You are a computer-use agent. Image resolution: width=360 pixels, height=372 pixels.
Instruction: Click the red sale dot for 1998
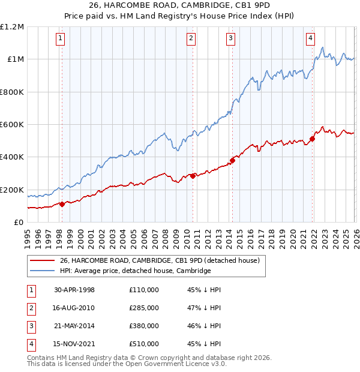[x=62, y=204]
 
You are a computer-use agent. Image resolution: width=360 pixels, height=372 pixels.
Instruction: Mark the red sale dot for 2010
[x=193, y=176]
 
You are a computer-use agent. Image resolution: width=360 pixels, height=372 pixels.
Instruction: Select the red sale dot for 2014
[x=232, y=160]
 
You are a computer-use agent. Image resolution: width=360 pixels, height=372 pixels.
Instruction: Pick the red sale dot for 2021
[x=312, y=139]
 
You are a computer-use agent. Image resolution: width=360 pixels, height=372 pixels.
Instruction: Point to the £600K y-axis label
[x=12, y=125]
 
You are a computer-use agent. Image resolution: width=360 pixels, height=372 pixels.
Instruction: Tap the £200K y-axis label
[x=12, y=190]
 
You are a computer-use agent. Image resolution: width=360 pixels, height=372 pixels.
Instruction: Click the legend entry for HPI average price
[x=135, y=271]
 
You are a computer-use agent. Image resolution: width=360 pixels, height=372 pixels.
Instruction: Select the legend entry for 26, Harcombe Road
[x=159, y=260]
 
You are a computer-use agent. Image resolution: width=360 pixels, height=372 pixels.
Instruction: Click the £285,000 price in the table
[x=144, y=308]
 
